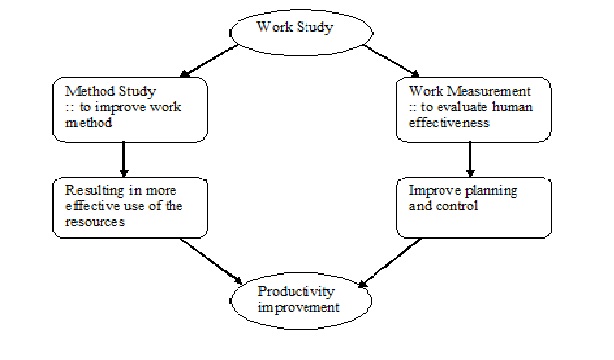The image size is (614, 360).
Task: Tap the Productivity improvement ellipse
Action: [306, 299]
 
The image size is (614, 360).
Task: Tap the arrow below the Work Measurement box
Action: [469, 158]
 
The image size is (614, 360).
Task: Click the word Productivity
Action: [306, 291]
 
